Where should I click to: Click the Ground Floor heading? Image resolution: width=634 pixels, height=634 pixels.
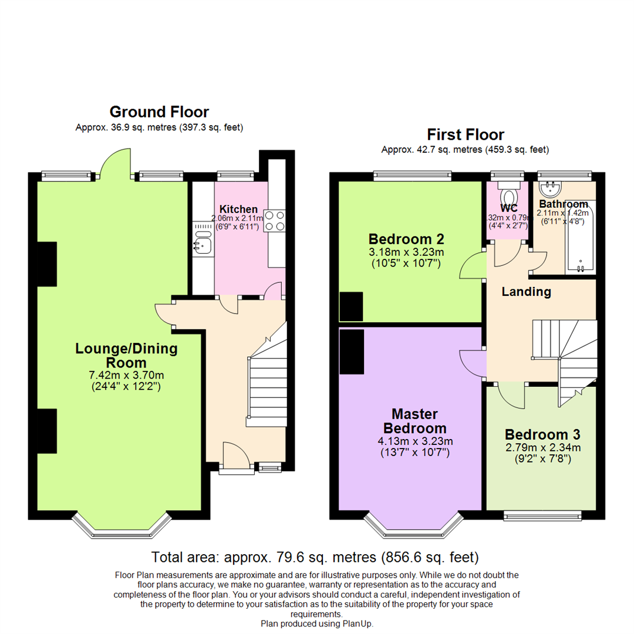[159, 112]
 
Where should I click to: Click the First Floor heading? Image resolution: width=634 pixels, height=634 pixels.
[466, 134]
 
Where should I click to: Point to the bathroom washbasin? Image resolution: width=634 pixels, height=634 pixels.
[550, 188]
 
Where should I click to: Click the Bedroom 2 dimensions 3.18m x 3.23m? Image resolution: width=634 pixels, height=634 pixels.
[406, 252]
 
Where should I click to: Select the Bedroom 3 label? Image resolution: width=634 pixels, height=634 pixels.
[542, 435]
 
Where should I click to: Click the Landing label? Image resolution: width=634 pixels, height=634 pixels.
[526, 292]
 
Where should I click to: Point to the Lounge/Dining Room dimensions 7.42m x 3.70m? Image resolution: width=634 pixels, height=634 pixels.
[127, 375]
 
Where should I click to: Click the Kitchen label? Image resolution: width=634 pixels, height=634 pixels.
[238, 210]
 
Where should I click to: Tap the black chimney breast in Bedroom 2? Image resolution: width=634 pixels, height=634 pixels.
[351, 306]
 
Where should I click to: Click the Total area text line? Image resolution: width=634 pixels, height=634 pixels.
[315, 557]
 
